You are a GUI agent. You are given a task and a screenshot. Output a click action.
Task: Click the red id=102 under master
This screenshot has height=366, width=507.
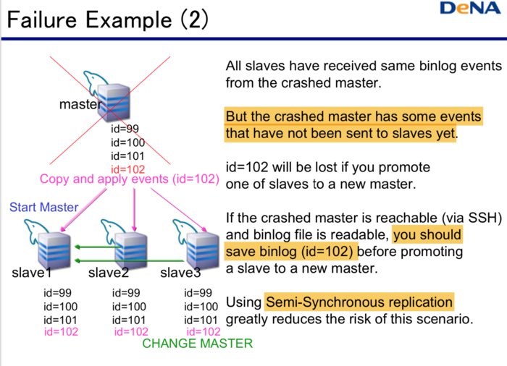click(x=127, y=169)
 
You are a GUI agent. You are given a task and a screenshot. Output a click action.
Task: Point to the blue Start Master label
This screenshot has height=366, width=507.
click(x=43, y=208)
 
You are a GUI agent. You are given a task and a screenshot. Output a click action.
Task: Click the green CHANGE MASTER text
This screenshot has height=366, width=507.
click(x=198, y=344)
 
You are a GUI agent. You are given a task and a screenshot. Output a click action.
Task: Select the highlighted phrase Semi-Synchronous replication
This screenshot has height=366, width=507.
click(x=359, y=302)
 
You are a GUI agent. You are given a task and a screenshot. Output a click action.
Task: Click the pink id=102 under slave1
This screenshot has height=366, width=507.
click(x=61, y=332)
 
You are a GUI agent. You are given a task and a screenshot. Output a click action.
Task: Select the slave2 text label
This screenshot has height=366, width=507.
click(x=109, y=273)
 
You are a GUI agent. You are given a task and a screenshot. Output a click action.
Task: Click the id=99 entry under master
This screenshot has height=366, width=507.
click(x=125, y=129)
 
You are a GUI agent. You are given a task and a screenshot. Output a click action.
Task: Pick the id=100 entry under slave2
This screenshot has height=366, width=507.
click(x=130, y=307)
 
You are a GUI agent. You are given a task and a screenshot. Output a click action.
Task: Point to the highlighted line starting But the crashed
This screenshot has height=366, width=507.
click(x=353, y=116)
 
